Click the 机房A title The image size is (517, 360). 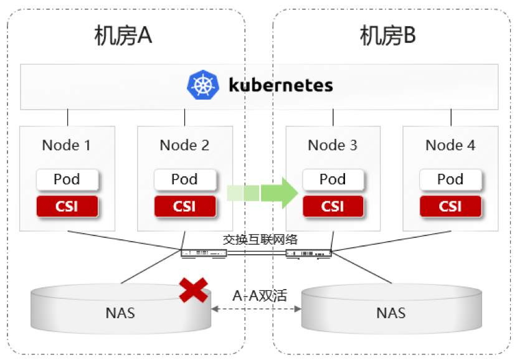click(x=123, y=36)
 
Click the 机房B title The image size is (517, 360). click(x=387, y=36)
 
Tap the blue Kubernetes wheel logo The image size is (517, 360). click(x=203, y=85)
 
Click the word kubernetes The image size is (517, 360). click(x=280, y=85)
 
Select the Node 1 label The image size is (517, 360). click(x=66, y=145)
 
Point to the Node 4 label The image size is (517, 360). click(x=450, y=145)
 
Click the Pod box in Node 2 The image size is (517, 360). click(x=185, y=179)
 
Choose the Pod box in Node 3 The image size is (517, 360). click(x=333, y=179)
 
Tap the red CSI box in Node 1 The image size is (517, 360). click(x=67, y=206)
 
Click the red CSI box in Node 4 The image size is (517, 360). click(x=450, y=206)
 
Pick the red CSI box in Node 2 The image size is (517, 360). click(x=185, y=206)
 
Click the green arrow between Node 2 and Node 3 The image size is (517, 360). click(x=262, y=193)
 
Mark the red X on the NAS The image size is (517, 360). click(x=194, y=290)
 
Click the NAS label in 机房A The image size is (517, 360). click(x=120, y=313)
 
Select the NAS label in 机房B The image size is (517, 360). click(x=391, y=313)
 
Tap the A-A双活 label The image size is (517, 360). click(x=260, y=295)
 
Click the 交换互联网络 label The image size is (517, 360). click(x=260, y=239)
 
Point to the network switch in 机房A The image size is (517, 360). click(x=204, y=253)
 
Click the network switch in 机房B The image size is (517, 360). click(x=308, y=253)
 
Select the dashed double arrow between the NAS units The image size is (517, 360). click(x=256, y=309)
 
